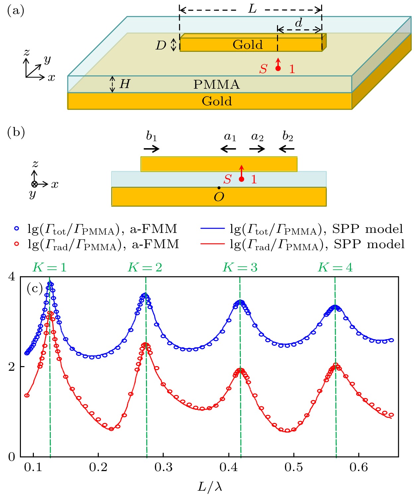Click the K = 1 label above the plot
pyautogui.click(x=49, y=267)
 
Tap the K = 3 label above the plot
pyautogui.click(x=240, y=267)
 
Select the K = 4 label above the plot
pyautogui.click(x=335, y=267)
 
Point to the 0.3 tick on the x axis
pyautogui.click(x=164, y=467)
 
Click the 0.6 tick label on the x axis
pyautogui.click(x=359, y=467)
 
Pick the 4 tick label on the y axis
pyautogui.click(x=12, y=277)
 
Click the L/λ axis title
pyautogui.click(x=210, y=487)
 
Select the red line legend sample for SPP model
pyautogui.click(x=212, y=244)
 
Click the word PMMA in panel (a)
pyautogui.click(x=216, y=84)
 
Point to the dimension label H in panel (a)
pyautogui.click(x=124, y=84)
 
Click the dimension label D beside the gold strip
pyautogui.click(x=161, y=45)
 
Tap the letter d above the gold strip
pyautogui.click(x=299, y=23)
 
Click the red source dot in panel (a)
pyautogui.click(x=278, y=68)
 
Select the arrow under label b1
pyautogui.click(x=152, y=149)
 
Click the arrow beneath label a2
pyautogui.click(x=257, y=149)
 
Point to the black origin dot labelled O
pyautogui.click(x=219, y=188)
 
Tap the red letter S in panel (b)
pyautogui.click(x=227, y=179)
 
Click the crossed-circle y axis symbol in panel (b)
pyautogui.click(x=34, y=184)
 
